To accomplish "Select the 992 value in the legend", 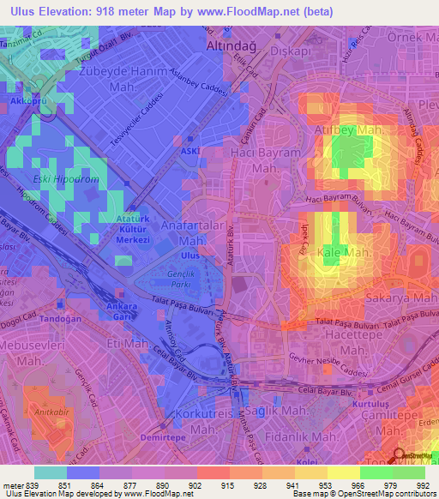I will point(422,485).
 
